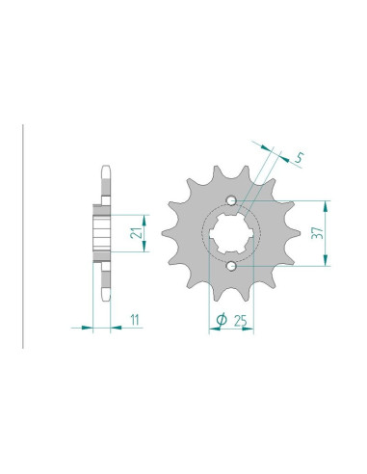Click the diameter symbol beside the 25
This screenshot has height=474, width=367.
click(x=221, y=319)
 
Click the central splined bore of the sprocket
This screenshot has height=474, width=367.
click(x=232, y=231)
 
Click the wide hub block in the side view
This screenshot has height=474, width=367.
click(x=100, y=231)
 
